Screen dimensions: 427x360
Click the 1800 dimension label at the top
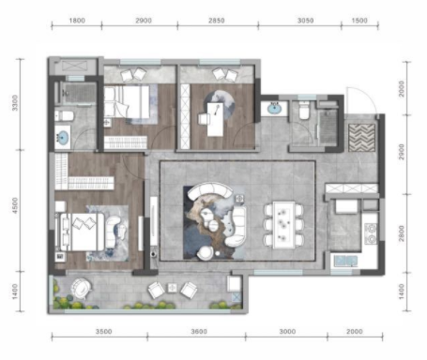point(77,21)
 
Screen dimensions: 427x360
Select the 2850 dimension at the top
point(217,21)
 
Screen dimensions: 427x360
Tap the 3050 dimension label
point(305,21)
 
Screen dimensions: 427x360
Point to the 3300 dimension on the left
point(15,103)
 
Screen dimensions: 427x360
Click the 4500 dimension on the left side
point(15,205)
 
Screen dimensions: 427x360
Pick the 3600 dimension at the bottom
point(199,331)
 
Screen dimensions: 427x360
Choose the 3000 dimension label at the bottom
point(287,331)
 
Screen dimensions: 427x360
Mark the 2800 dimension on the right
point(402,233)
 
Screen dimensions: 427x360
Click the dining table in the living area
point(283,225)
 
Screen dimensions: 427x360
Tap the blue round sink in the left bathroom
point(63,138)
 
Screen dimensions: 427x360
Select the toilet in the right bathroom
point(304,111)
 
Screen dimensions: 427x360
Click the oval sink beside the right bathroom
point(275,109)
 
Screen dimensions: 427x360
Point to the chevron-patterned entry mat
point(361,138)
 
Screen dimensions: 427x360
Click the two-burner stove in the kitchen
point(371,233)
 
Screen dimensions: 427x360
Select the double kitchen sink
point(345,261)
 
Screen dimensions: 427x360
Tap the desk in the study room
point(216,120)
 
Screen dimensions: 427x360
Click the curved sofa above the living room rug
point(210,189)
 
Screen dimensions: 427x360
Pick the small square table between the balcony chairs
point(173,288)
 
